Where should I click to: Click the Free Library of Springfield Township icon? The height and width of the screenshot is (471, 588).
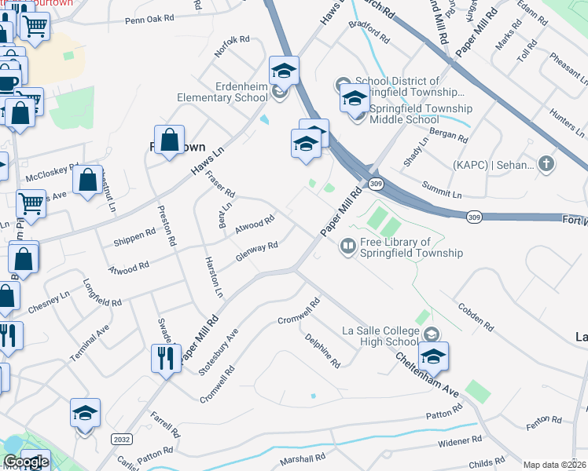347,247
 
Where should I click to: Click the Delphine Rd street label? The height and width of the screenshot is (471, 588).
323,351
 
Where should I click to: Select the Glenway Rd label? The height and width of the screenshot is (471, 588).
257,253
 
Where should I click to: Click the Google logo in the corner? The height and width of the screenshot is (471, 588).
25,462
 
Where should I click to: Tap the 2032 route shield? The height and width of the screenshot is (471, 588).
121,439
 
